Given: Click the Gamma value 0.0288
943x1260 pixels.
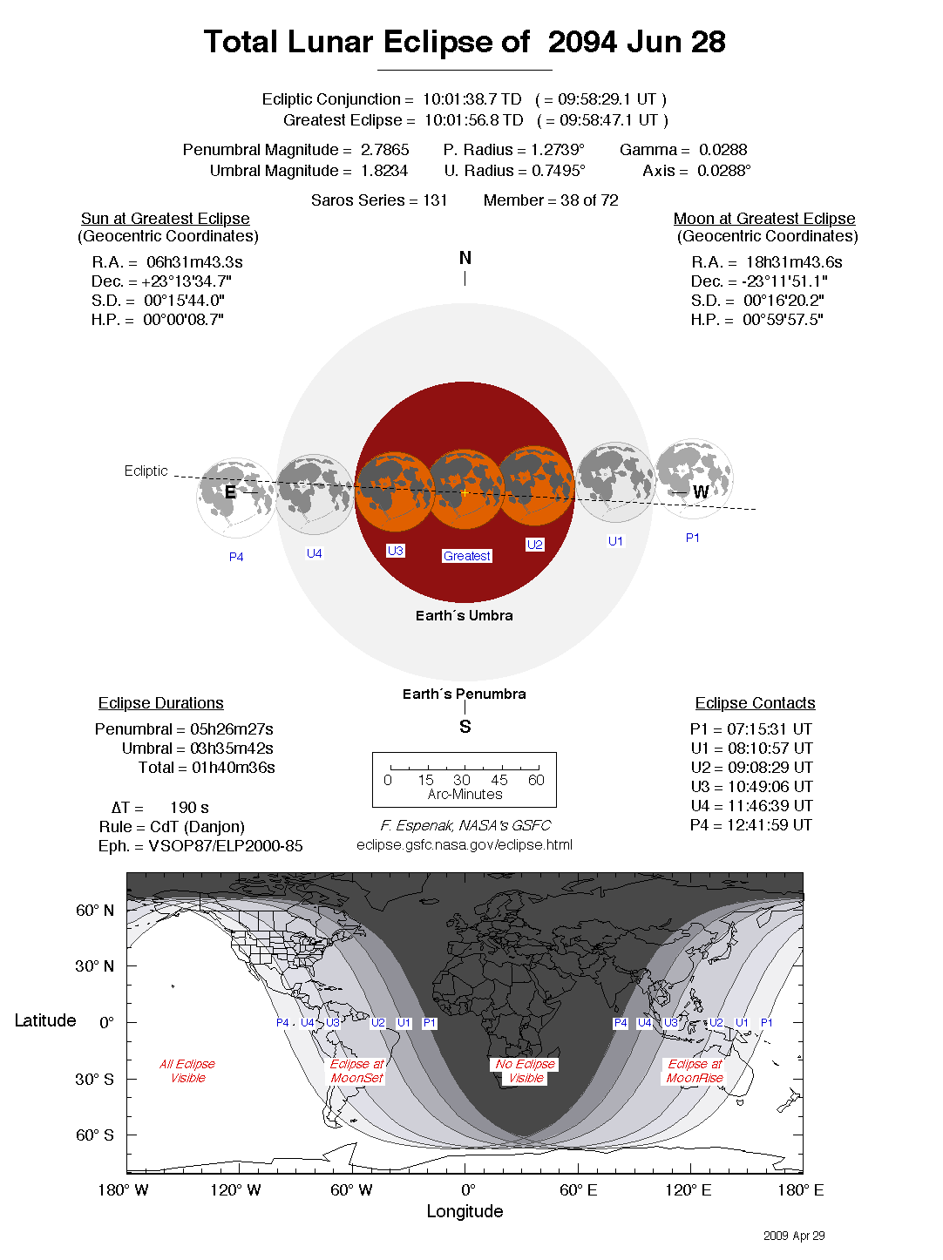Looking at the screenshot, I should [x=723, y=150].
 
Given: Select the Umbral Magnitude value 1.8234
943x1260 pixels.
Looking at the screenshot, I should [x=383, y=171].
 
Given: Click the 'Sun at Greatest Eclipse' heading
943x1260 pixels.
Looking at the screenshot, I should [x=166, y=219].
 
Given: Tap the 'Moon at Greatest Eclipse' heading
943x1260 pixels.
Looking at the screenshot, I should [x=764, y=219].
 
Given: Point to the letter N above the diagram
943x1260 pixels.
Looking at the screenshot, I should [x=465, y=258].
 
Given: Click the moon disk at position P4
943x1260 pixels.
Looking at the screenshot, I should [x=235, y=498].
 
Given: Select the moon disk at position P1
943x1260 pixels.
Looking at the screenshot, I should [x=694, y=478].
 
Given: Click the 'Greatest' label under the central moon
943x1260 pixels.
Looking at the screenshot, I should [x=467, y=556].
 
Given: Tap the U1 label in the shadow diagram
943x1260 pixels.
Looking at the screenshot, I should [x=615, y=541].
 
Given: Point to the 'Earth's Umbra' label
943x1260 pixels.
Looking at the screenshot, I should [x=464, y=615].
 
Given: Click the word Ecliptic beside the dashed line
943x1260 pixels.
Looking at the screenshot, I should [x=146, y=471].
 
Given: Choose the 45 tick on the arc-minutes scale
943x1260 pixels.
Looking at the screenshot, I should [x=499, y=780].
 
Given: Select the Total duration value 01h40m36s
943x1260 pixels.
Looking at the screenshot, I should [x=234, y=768].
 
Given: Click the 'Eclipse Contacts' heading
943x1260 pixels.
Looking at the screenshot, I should [x=755, y=703].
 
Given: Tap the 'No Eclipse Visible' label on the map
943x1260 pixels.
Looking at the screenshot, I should [x=526, y=1071].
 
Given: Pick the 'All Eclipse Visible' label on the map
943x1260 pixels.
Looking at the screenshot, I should [x=187, y=1071].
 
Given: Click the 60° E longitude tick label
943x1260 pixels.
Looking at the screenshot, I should [x=578, y=1190].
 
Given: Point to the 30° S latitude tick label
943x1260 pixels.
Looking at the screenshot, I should [x=94, y=1079].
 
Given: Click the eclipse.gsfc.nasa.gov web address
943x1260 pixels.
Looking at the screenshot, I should [x=465, y=844].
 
